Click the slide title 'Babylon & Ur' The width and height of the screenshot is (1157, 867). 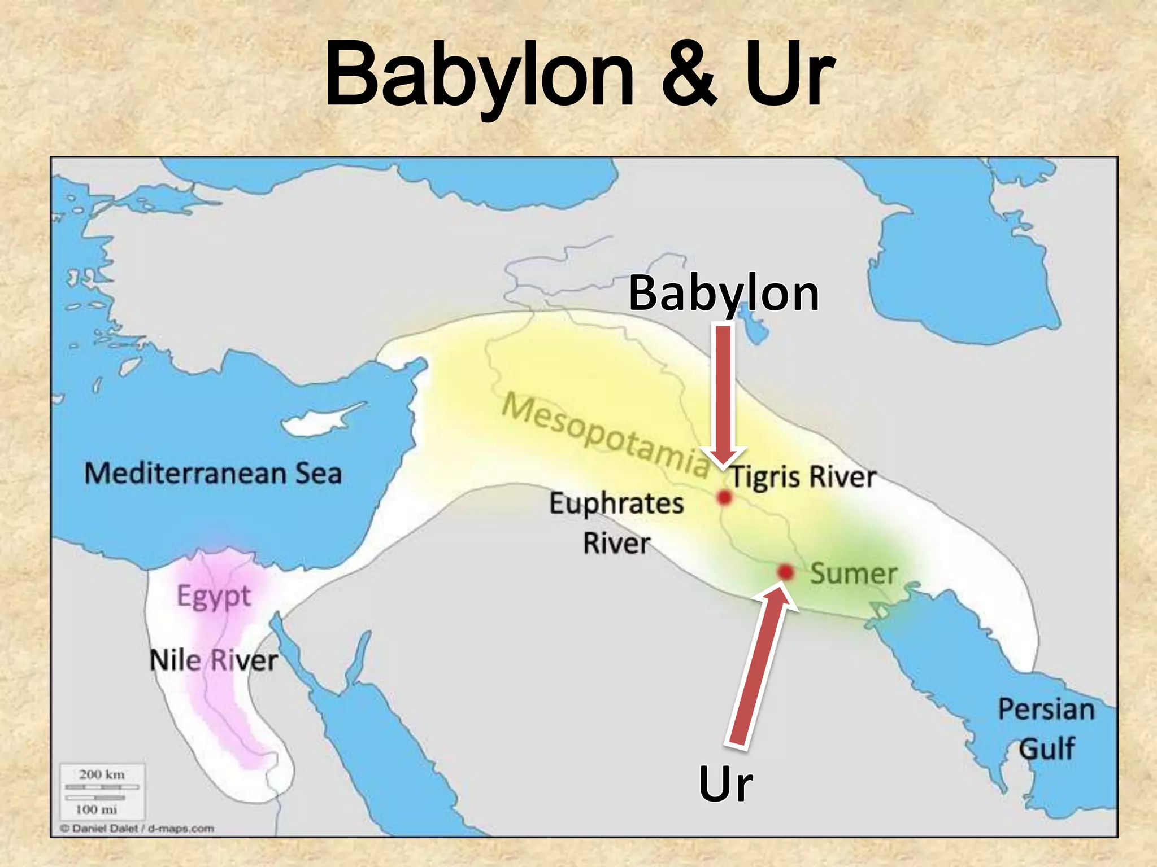pyautogui.click(x=580, y=75)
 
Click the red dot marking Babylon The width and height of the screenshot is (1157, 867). pyautogui.click(x=724, y=497)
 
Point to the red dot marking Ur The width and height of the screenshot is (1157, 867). pyautogui.click(x=785, y=572)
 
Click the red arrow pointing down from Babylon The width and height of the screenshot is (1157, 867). pyautogui.click(x=724, y=395)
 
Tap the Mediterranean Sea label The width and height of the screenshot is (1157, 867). pyautogui.click(x=213, y=473)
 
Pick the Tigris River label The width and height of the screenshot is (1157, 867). pyautogui.click(x=803, y=477)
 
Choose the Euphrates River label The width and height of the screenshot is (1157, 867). pyautogui.click(x=617, y=523)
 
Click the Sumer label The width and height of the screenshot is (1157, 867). pyautogui.click(x=854, y=573)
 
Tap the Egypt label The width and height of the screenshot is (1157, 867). pyautogui.click(x=214, y=596)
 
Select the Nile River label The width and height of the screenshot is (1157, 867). pyautogui.click(x=214, y=660)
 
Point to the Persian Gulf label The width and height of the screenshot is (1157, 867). pyautogui.click(x=1046, y=729)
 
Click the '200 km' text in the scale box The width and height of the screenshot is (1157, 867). pyautogui.click(x=102, y=774)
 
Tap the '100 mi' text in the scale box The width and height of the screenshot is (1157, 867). pyautogui.click(x=97, y=809)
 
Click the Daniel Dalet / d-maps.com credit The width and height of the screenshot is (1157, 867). pyautogui.click(x=137, y=829)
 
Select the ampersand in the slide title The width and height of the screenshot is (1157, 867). pyautogui.click(x=690, y=75)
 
